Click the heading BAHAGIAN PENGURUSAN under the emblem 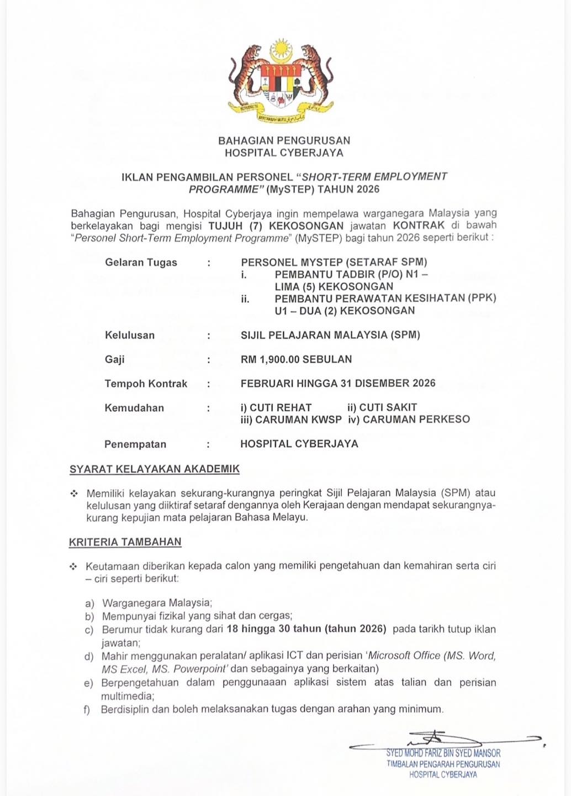[284, 141]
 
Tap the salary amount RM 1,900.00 [271, 359]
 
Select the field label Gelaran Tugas [141, 263]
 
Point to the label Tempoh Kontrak [146, 384]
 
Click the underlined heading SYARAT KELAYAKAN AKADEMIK [155, 469]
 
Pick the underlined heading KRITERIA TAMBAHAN [125, 542]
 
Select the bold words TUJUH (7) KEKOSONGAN [276, 226]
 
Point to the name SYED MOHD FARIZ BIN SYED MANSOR [443, 753]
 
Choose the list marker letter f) [87, 709]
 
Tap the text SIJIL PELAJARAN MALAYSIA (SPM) [330, 335]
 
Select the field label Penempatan [135, 444]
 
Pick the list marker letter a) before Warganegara [89, 603]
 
